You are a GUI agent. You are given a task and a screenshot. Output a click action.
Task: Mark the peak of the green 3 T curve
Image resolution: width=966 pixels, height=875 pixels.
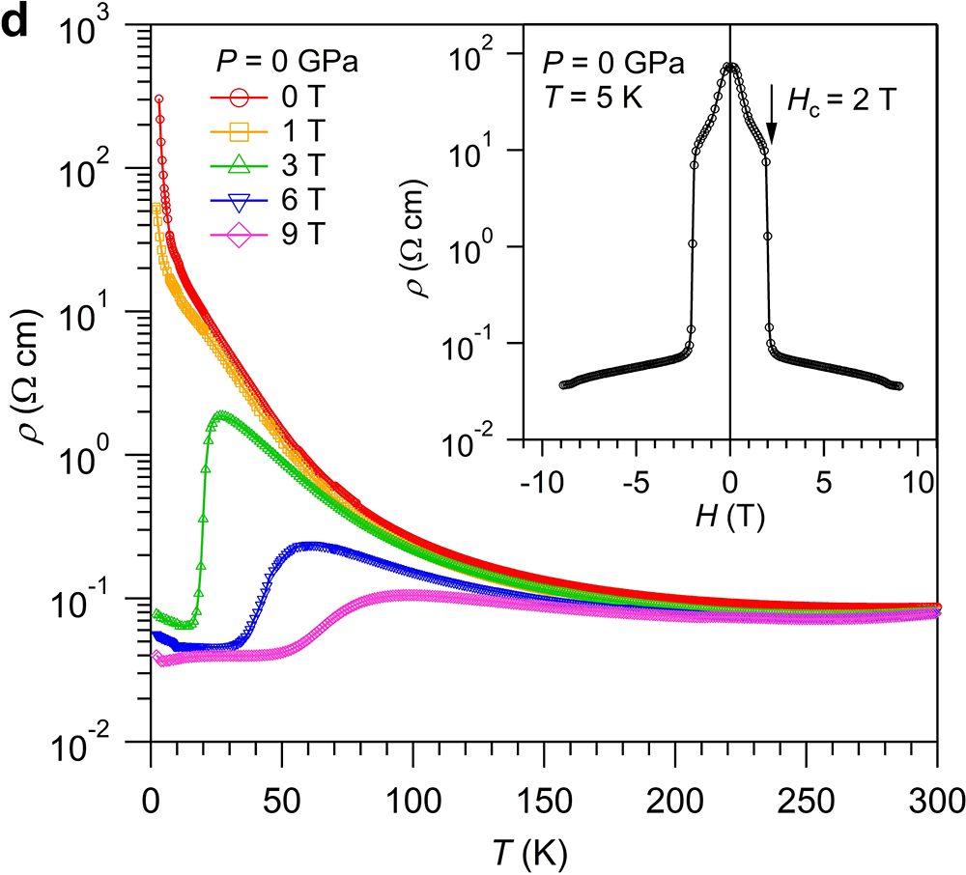[x=221, y=415]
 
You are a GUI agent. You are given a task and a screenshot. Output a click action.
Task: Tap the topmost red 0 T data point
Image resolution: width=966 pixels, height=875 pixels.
[x=158, y=99]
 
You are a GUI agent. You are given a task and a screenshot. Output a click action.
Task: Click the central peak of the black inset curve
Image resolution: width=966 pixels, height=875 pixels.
[x=730, y=67]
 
